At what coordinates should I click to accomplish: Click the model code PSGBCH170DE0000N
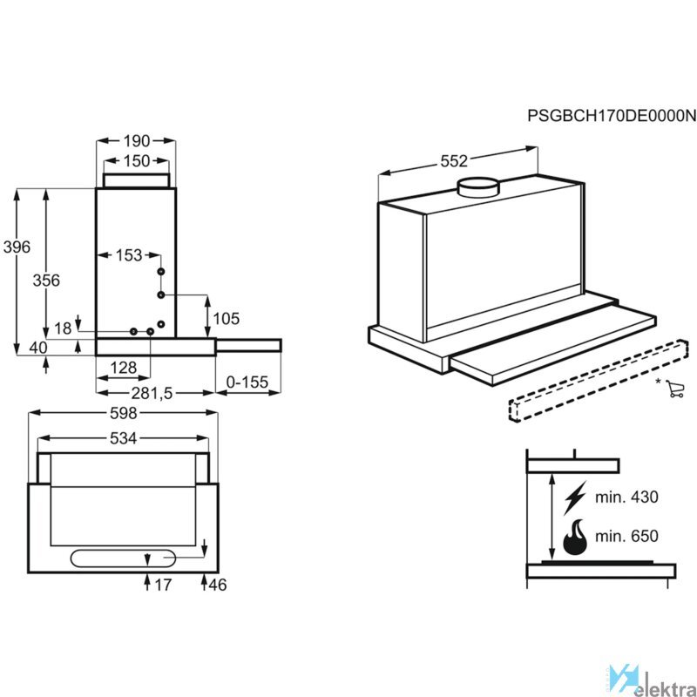point(612,116)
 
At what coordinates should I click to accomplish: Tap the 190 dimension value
point(137,141)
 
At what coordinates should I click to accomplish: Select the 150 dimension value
point(137,161)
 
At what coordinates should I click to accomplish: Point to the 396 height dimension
point(17,247)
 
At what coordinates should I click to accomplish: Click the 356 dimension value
point(46,281)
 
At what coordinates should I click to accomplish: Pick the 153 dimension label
point(129,255)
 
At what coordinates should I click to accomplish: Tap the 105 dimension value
point(227,319)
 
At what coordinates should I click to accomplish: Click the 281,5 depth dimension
point(152,394)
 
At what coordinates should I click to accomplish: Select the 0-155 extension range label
point(247,382)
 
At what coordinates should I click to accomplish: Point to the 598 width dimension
point(123,413)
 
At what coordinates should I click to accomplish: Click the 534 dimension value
point(123,439)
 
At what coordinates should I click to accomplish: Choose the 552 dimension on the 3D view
point(454,161)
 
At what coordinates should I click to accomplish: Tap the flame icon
point(575,537)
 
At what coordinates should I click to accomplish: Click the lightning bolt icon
point(575,497)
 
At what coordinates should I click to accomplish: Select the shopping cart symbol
point(675,389)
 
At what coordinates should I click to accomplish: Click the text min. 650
point(626,536)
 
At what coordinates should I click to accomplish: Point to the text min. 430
point(626,497)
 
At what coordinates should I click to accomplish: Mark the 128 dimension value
point(123,368)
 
